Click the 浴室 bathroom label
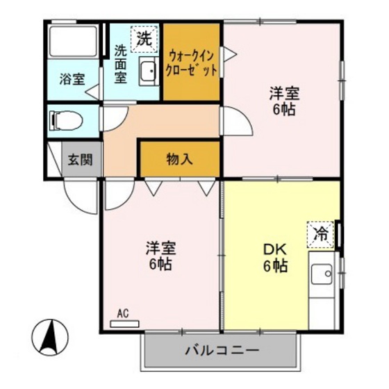[x=72, y=78]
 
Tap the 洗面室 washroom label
[x=120, y=64]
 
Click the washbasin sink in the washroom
[x=148, y=72]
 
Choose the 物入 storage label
[x=179, y=159]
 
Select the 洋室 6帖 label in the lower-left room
[x=160, y=256]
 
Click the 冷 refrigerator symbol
[x=321, y=233]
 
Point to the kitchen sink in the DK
[x=322, y=275]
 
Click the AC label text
[x=124, y=313]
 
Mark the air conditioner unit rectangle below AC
[x=124, y=323]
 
